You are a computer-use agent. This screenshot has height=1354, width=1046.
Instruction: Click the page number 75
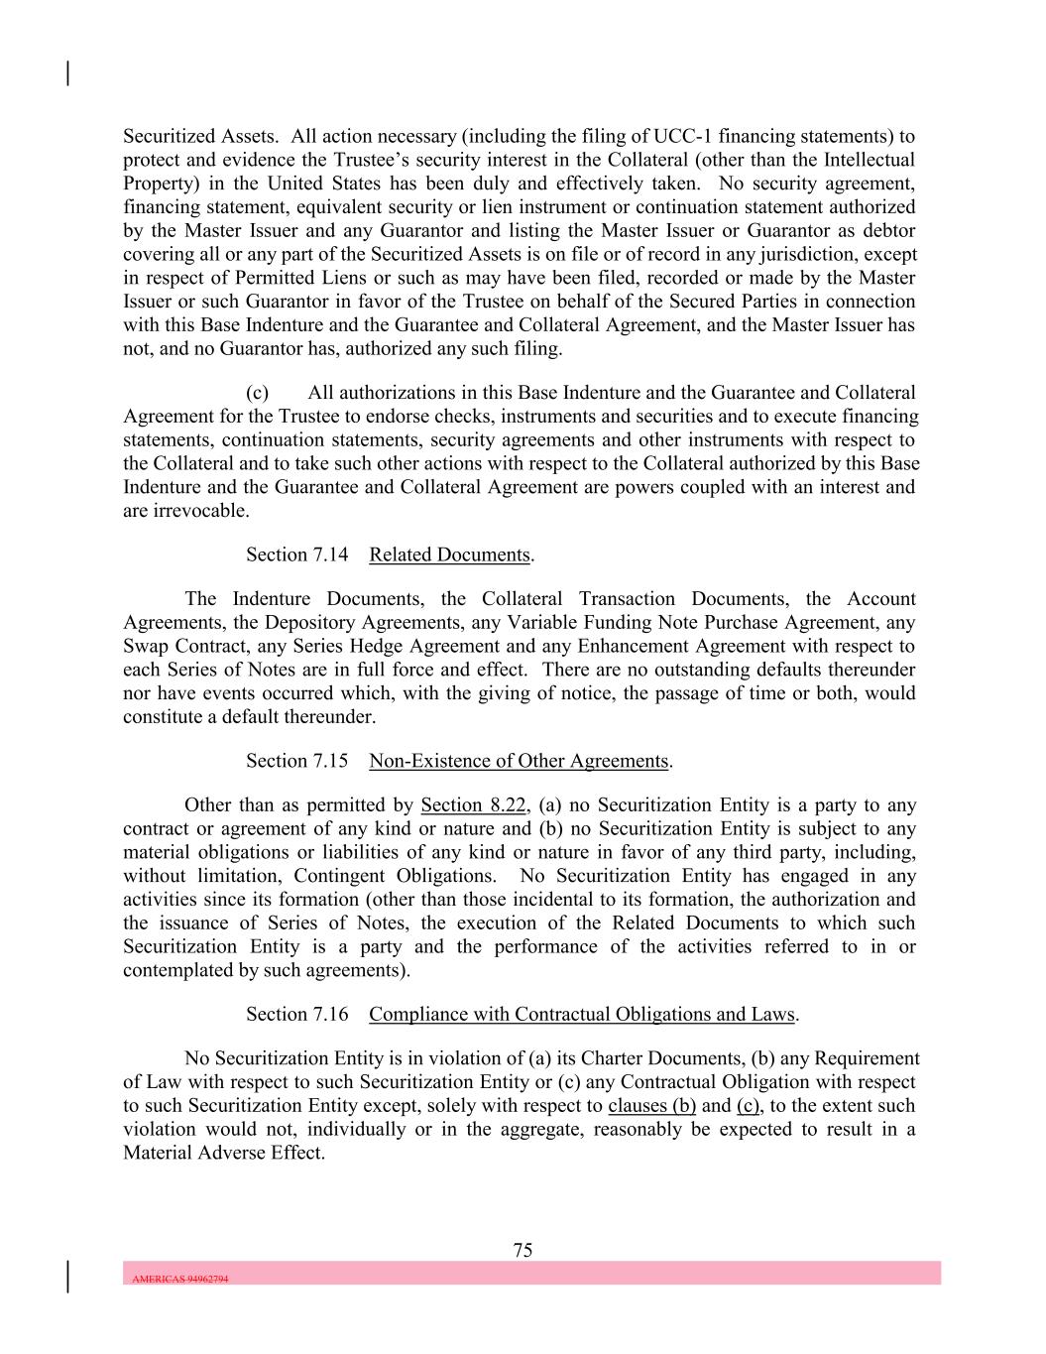point(523,1250)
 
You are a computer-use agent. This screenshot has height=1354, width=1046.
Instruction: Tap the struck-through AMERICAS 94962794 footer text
point(179,1279)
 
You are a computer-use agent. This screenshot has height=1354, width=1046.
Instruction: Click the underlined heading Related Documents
point(449,554)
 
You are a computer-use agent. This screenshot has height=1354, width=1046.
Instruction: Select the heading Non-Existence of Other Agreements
point(519,761)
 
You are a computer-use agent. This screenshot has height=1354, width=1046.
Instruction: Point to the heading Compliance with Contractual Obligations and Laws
point(582,1014)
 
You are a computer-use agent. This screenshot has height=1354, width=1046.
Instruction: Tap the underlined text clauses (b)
point(651,1105)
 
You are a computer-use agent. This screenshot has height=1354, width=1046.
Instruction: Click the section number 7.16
point(330,1014)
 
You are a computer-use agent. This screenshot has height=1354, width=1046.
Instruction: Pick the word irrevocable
point(184,511)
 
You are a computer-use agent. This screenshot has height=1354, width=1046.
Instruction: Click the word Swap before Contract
point(146,646)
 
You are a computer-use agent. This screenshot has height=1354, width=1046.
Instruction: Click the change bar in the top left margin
point(67,73)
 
